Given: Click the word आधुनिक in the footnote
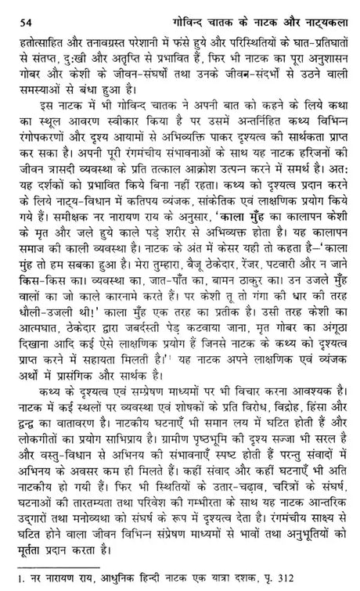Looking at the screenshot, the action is coord(100,580).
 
